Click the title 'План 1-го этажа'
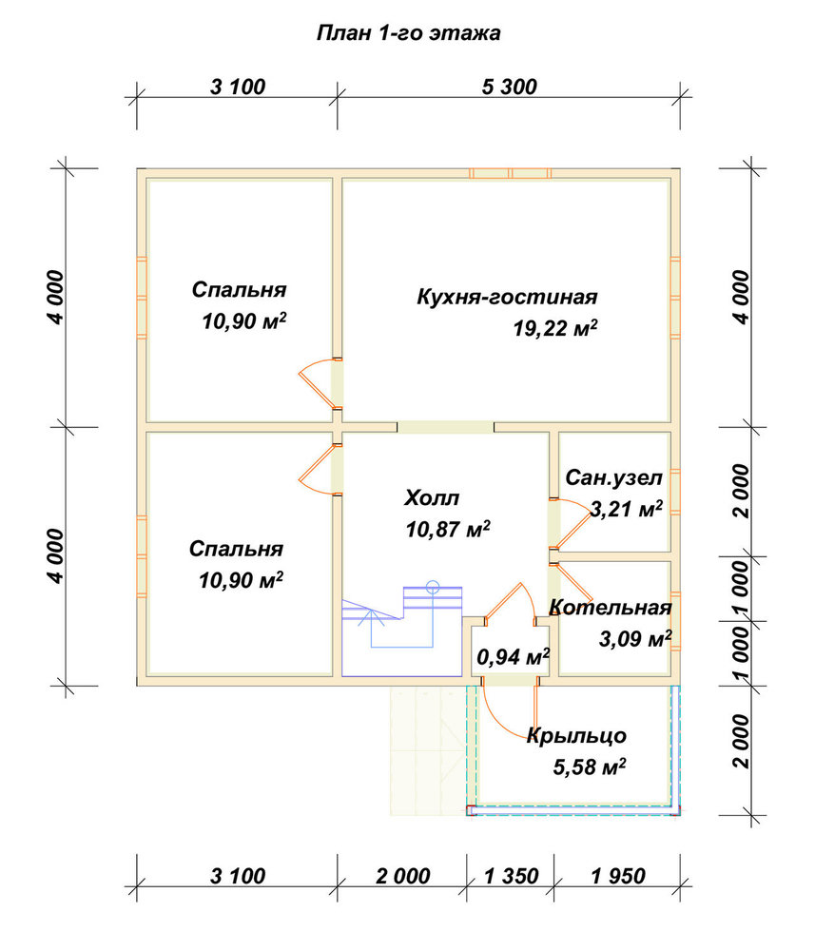(408, 32)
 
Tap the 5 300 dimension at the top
(510, 87)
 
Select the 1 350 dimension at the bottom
(512, 876)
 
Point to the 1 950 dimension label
(618, 876)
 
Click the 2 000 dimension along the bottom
(402, 876)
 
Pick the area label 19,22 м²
(554, 328)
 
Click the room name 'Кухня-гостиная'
(507, 297)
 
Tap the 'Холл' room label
(432, 498)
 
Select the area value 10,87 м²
(448, 530)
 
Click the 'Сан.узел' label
(613, 478)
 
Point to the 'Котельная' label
(610, 607)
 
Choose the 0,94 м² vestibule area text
(513, 656)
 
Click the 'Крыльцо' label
(576, 736)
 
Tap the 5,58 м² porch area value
(589, 767)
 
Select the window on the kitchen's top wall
(511, 173)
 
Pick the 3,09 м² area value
(635, 639)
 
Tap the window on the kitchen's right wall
(675, 297)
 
